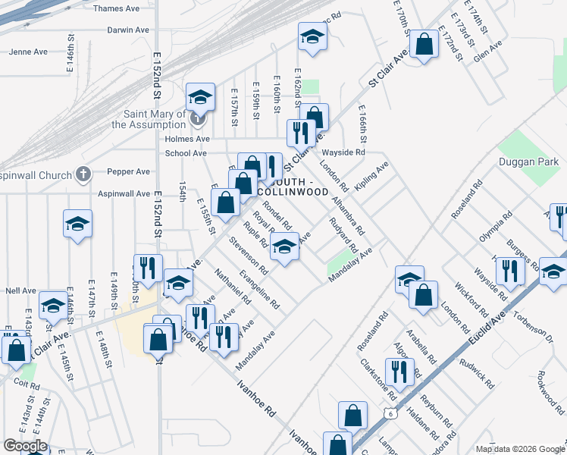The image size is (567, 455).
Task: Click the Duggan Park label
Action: (x=528, y=162)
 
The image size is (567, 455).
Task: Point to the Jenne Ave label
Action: (x=28, y=52)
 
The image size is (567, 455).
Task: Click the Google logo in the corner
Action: (x=25, y=446)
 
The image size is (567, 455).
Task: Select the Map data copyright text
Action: (x=520, y=449)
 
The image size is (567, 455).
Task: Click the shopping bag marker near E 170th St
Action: (x=425, y=45)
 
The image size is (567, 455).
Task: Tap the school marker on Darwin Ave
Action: (x=312, y=38)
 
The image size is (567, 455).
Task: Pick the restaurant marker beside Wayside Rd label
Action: (x=300, y=132)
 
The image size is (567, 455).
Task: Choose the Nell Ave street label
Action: (x=21, y=290)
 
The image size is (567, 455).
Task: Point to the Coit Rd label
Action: (x=27, y=382)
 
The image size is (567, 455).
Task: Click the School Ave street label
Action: (x=186, y=153)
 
